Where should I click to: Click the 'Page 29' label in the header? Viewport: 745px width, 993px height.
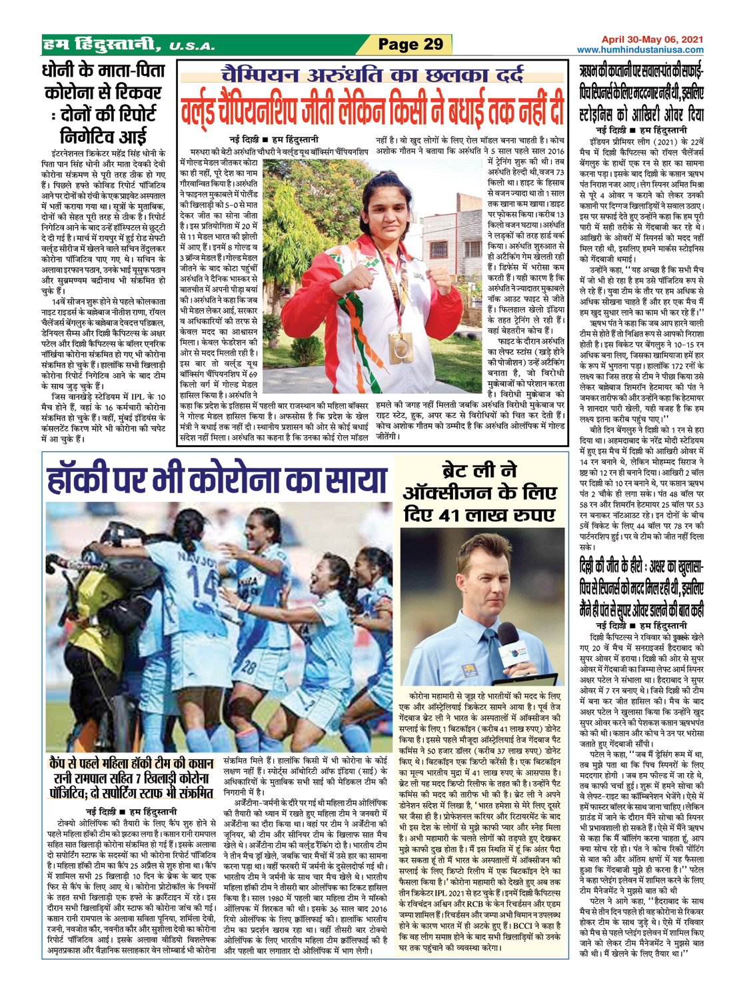pyautogui.click(x=410, y=45)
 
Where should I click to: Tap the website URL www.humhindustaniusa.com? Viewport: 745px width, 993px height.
pyautogui.click(x=640, y=50)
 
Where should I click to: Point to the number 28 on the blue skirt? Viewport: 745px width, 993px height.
pyautogui.click(x=249, y=666)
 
